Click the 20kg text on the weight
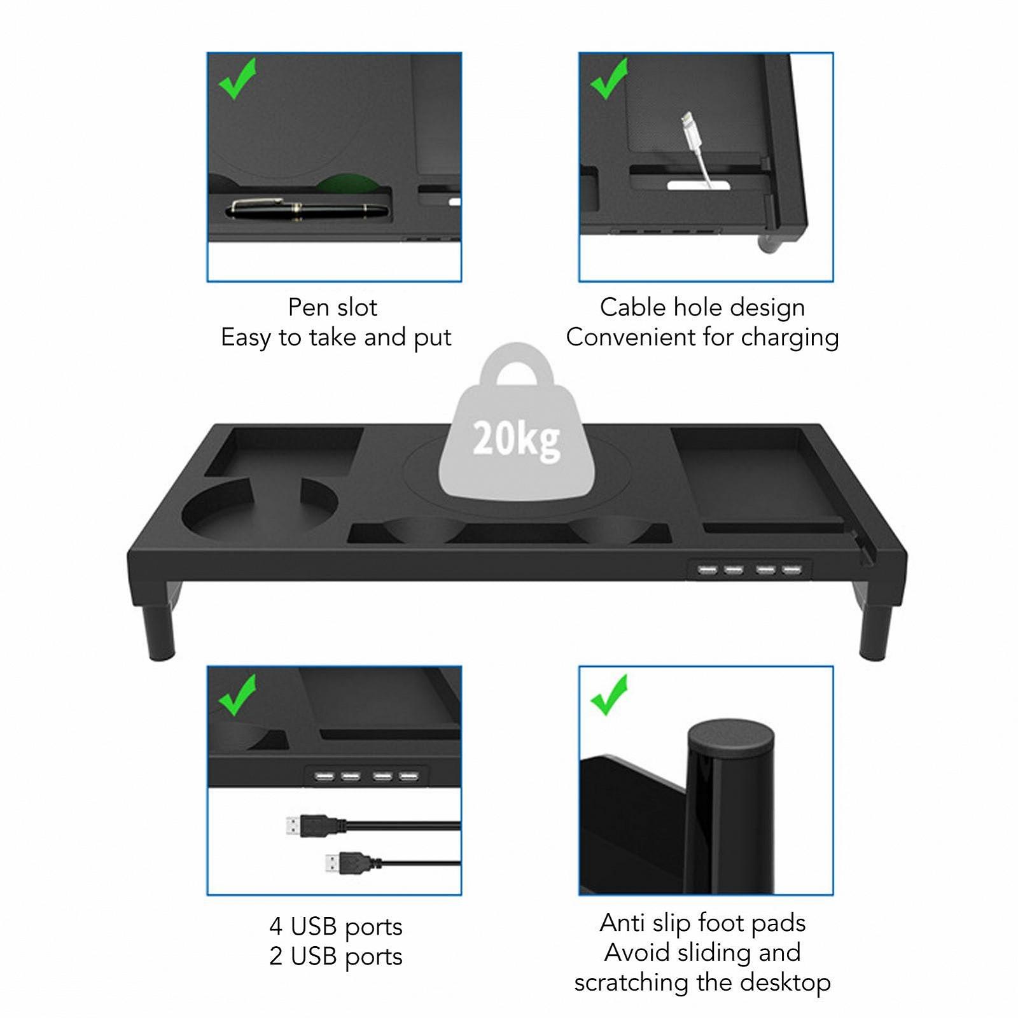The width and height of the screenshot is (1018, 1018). tap(516, 440)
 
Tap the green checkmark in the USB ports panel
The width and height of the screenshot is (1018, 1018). tap(237, 695)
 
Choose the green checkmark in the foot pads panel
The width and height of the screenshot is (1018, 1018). tap(609, 695)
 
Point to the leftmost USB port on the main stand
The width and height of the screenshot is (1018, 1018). tap(708, 569)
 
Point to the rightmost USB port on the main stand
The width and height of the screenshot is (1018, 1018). tap(791, 569)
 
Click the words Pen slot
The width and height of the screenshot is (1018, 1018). tap(333, 308)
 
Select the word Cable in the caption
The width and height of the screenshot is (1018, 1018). tap(633, 308)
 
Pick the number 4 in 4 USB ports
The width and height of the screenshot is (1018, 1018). tap(275, 926)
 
